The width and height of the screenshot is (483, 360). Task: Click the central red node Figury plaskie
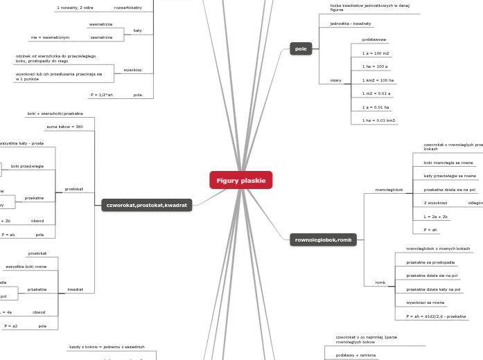pos(240,181)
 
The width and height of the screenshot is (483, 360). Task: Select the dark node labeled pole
pos(301,48)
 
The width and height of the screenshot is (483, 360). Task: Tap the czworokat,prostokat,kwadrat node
pos(146,206)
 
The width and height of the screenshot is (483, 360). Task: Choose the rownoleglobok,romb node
pos(323,240)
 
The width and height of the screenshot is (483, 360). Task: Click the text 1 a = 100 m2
pos(376,53)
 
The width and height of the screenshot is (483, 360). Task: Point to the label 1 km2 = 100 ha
pos(378,80)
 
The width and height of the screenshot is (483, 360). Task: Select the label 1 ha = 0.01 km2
pos(378,120)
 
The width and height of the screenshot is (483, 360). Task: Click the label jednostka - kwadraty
pos(350,24)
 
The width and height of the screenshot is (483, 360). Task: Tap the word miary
pos(335,80)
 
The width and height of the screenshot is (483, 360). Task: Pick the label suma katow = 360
pos(64,127)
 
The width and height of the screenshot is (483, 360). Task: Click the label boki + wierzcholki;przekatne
pos(55,114)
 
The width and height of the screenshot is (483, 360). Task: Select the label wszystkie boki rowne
pos(26,267)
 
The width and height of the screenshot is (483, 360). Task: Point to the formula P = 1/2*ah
pos(101,94)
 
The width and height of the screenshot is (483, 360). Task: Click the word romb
pos(380,282)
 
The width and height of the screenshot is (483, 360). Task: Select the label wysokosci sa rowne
pos(425,303)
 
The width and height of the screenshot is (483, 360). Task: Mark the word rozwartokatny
pos(128,8)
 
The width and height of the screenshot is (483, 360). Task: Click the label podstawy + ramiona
pos(355,354)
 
